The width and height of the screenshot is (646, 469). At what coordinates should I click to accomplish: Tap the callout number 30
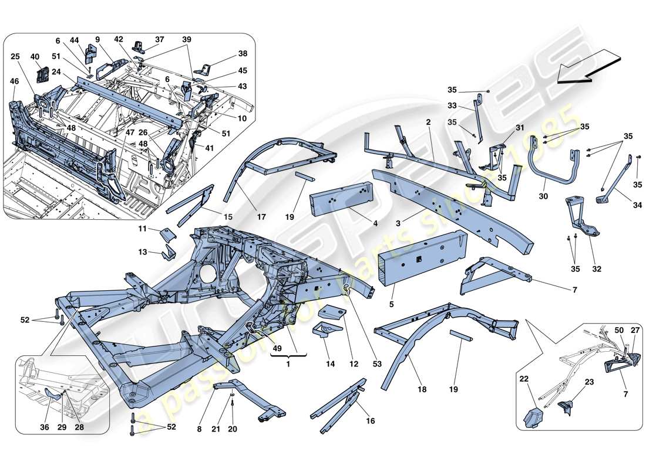[x=543, y=197]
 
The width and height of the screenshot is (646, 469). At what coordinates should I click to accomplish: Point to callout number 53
[x=376, y=364]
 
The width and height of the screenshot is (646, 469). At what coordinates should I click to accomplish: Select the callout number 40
[x=35, y=57]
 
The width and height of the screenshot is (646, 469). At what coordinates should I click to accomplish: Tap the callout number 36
[x=45, y=427]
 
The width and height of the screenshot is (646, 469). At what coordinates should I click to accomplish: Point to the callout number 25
[x=15, y=57]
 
